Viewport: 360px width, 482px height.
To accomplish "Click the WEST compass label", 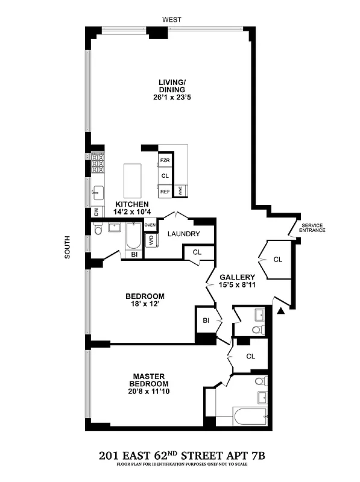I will tap(172, 20).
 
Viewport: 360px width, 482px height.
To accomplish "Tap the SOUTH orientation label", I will tap(68, 247).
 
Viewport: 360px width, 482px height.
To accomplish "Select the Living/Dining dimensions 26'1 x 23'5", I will tap(175, 97).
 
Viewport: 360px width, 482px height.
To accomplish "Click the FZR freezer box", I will tap(165, 161).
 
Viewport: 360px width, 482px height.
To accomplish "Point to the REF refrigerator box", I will tap(165, 192).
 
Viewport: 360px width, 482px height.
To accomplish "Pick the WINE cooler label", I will tap(180, 192).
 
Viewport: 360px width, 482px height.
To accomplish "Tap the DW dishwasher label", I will tap(96, 211).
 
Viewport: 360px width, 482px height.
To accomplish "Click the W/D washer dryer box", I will tap(151, 239).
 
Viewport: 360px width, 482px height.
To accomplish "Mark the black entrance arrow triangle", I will tap(280, 311).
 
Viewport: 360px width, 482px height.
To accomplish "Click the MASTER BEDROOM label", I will tap(150, 380).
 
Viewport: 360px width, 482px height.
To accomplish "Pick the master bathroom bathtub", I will tap(250, 416).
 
